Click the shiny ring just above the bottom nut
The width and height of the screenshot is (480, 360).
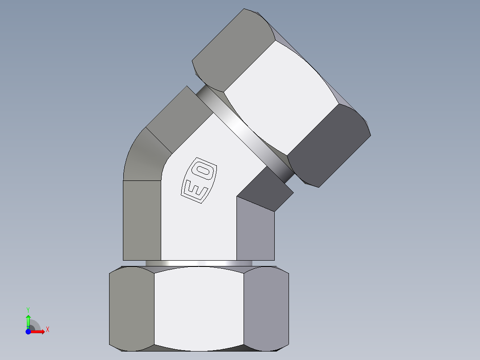(x=199, y=263)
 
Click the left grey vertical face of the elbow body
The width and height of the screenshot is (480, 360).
(x=142, y=220)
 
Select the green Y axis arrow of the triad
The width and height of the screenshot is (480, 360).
(x=28, y=320)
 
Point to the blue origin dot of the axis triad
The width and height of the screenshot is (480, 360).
(x=28, y=331)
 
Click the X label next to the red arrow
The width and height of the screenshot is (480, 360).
(x=47, y=330)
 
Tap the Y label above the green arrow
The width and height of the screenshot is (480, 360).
(x=28, y=309)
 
